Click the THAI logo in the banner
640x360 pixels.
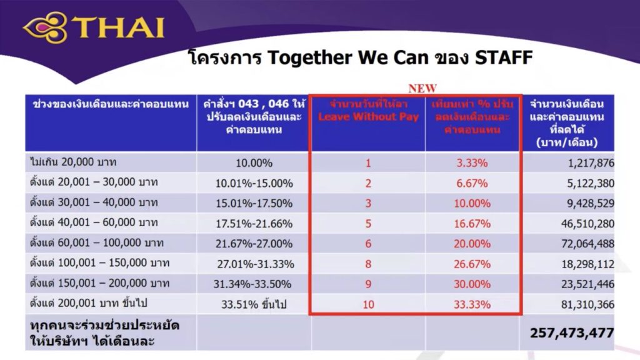[94, 28]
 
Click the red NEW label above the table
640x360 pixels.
[422, 88]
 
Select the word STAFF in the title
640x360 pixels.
[503, 58]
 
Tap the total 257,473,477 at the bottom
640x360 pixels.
[571, 332]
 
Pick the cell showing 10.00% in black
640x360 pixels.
[253, 163]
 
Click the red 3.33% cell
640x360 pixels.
[472, 163]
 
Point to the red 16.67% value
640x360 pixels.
[472, 223]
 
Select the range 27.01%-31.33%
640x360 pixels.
[255, 263]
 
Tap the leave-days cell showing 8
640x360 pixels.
[368, 263]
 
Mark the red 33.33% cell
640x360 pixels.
[472, 304]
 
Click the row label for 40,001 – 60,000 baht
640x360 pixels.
[94, 223]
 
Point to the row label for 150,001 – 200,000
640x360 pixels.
[99, 283]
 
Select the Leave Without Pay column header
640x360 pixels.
[368, 111]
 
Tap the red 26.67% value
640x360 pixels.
[472, 263]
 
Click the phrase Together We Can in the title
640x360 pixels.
[347, 58]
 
